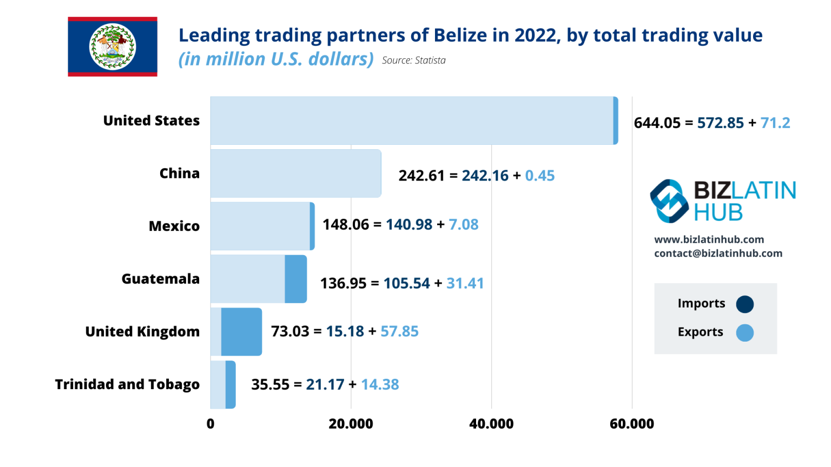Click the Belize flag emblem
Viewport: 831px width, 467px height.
click(x=113, y=46)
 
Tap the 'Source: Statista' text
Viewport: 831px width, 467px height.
click(x=413, y=61)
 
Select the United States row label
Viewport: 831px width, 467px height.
click(x=151, y=121)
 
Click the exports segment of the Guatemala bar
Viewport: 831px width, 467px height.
click(x=296, y=279)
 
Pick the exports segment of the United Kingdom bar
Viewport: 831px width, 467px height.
click(x=241, y=332)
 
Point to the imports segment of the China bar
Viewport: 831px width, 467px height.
click(x=295, y=174)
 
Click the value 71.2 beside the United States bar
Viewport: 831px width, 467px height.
click(x=775, y=123)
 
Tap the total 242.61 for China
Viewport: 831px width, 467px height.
click(x=421, y=176)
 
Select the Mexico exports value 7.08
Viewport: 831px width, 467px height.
click(x=463, y=225)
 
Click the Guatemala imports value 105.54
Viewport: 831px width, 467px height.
click(x=406, y=283)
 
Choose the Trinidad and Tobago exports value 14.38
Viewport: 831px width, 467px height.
click(x=380, y=385)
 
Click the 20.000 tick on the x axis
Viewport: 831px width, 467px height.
click(x=351, y=424)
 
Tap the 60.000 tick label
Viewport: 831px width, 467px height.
click(x=631, y=424)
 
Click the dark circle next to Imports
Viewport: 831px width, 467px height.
click(x=744, y=304)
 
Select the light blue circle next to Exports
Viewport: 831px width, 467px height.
click(x=744, y=333)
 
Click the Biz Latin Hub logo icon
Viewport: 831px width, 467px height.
click(x=669, y=201)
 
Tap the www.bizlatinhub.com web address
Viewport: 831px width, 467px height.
click(x=709, y=239)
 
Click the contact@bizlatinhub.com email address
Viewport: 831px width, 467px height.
click(x=718, y=253)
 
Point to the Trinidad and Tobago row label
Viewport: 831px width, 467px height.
click(x=127, y=384)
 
